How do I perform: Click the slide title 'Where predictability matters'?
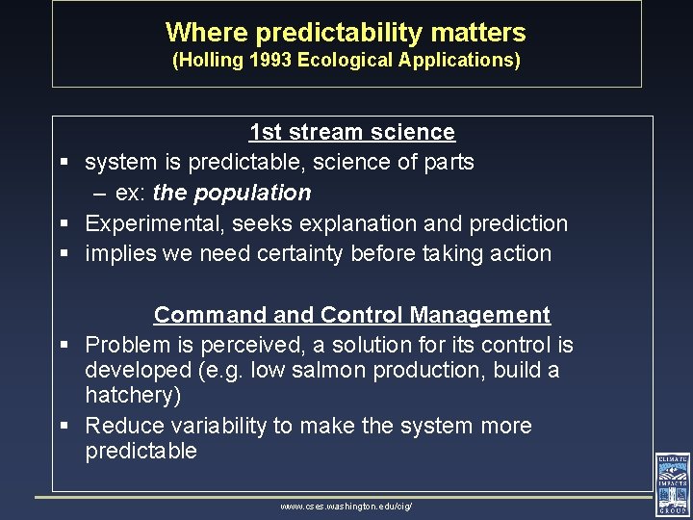click(346, 33)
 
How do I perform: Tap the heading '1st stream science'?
click(351, 132)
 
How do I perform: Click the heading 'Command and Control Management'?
click(351, 315)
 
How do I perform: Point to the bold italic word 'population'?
click(252, 193)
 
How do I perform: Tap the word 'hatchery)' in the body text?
click(133, 396)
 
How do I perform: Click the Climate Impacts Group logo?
click(672, 484)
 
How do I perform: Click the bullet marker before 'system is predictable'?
click(63, 163)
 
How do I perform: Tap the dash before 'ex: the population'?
click(99, 194)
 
